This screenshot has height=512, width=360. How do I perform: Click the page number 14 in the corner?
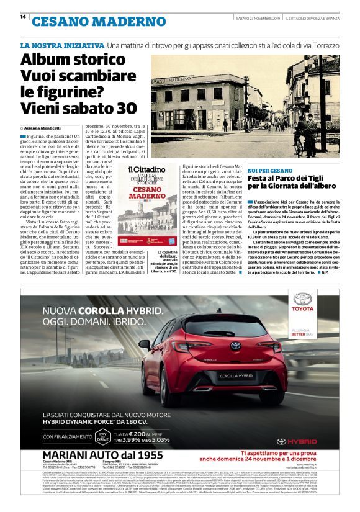pos(23,17)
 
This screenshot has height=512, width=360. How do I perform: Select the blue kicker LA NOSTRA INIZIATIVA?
pos(61,46)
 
